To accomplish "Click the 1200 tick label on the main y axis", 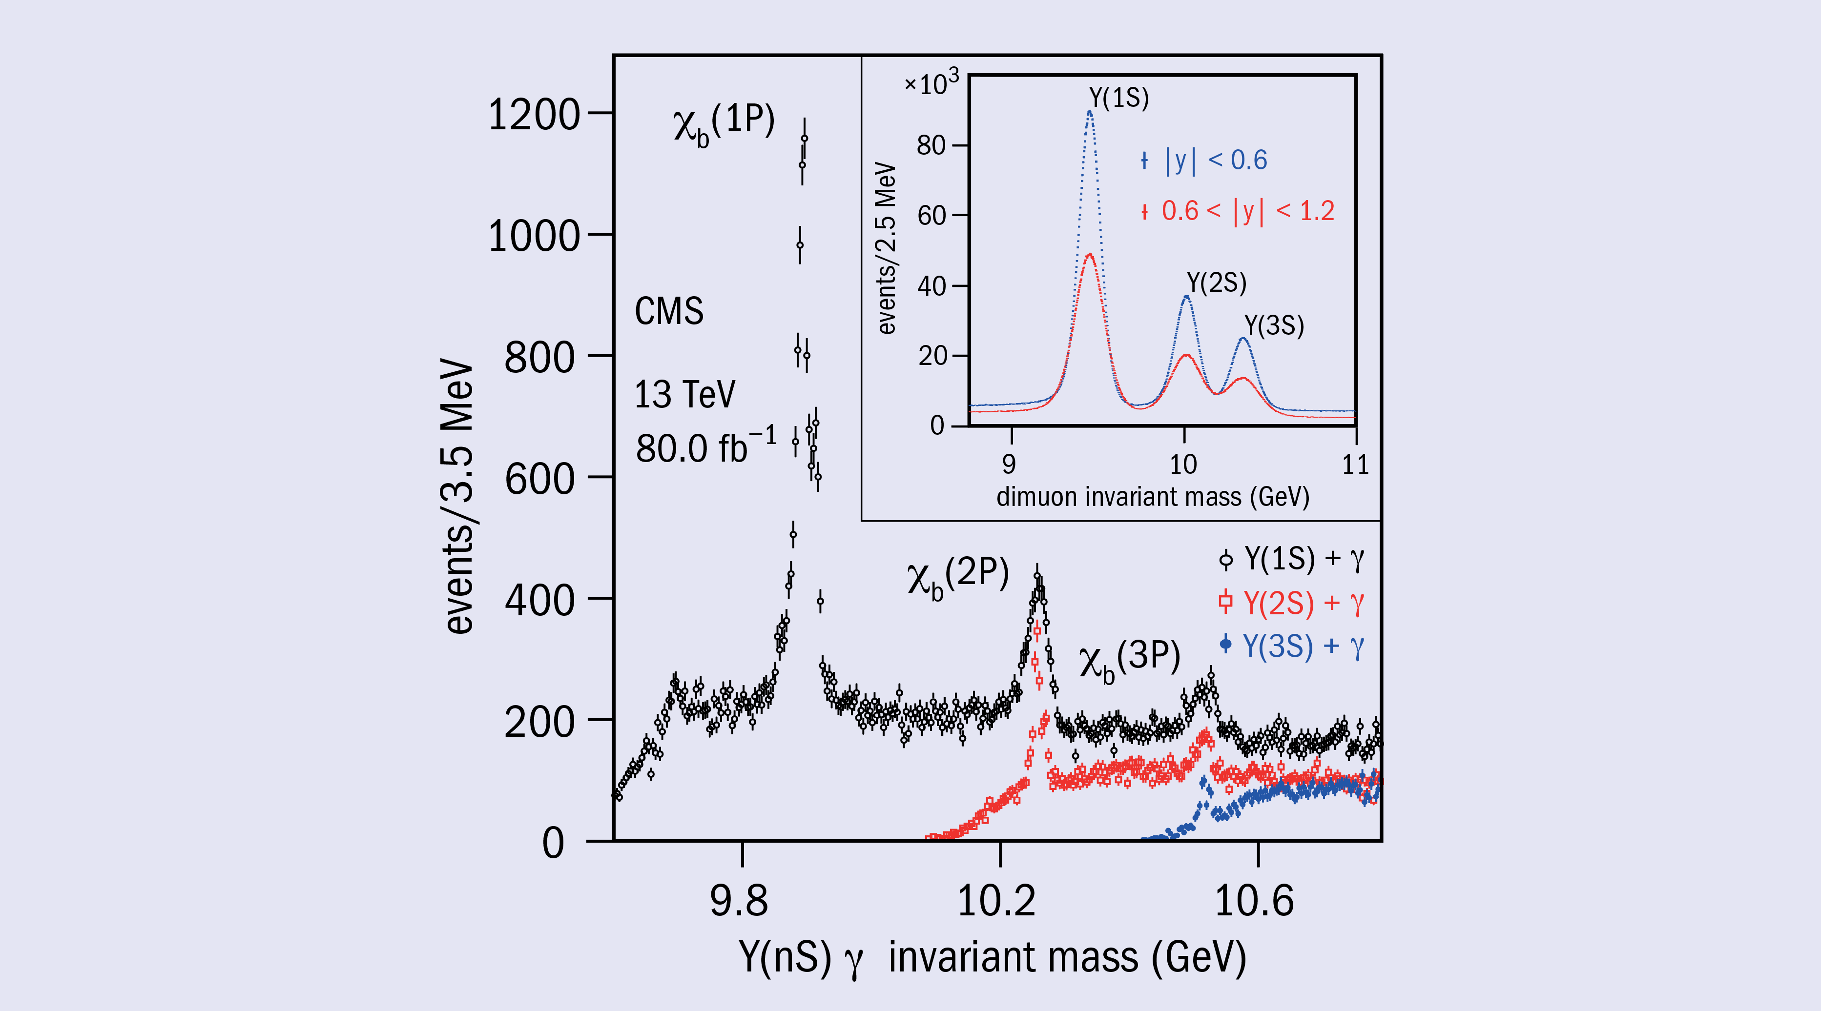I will pyautogui.click(x=534, y=115).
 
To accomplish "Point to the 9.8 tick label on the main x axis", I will pyautogui.click(x=740, y=901).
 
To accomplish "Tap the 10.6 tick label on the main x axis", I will pyautogui.click(x=1254, y=901).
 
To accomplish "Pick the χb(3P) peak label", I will pyautogui.click(x=1130, y=661).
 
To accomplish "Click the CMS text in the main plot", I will pyautogui.click(x=669, y=311).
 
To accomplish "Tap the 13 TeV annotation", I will pyautogui.click(x=684, y=394).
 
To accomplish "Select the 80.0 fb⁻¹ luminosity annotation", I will pyautogui.click(x=705, y=447).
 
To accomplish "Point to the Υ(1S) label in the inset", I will pyautogui.click(x=1119, y=98).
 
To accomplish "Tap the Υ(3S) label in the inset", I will pyautogui.click(x=1274, y=325).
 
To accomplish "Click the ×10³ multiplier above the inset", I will pyautogui.click(x=931, y=83).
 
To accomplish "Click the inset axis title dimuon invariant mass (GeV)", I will pyautogui.click(x=1152, y=497).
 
